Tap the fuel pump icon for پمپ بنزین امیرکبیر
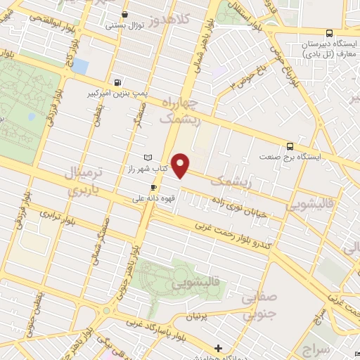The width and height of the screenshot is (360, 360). [117, 82]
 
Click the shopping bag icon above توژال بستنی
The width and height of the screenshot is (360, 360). [125, 14]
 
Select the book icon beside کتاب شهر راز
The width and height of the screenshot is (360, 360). [147, 157]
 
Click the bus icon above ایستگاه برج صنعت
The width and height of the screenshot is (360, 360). [290, 147]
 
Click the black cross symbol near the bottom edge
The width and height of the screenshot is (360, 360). [218, 347]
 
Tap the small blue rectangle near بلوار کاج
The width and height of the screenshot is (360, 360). [80, 67]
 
